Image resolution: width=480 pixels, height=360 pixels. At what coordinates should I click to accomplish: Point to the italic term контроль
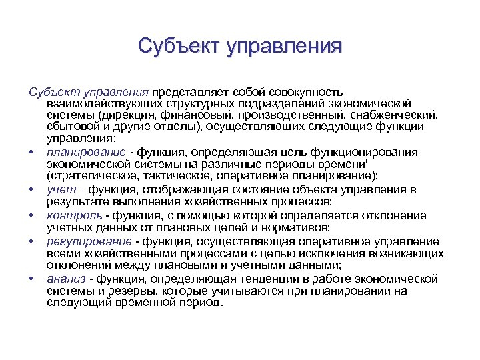pos(75,215)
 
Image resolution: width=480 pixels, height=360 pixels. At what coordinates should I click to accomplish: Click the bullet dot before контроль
pos(31,216)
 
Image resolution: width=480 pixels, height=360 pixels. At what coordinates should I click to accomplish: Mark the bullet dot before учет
pos(31,191)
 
